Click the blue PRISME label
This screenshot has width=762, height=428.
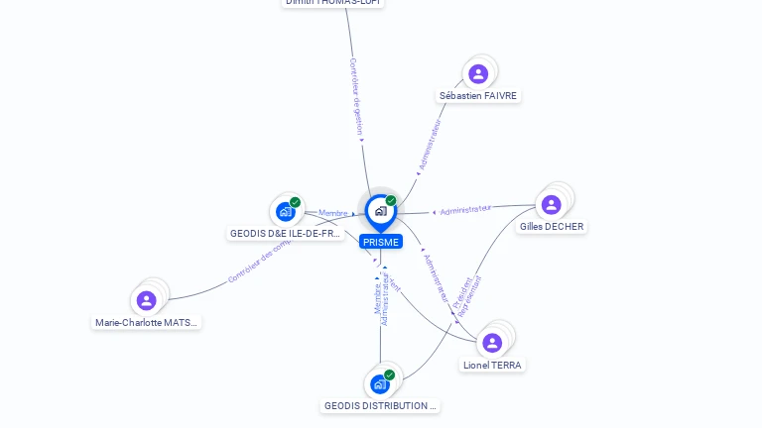(x=381, y=242)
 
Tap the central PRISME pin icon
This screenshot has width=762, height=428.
(x=380, y=211)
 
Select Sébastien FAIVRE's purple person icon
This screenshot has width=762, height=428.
(x=478, y=73)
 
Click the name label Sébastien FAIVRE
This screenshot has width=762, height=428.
(x=478, y=96)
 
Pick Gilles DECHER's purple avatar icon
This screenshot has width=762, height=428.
(x=552, y=204)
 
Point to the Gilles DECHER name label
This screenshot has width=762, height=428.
(x=552, y=227)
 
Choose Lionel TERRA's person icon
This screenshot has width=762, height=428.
(x=492, y=343)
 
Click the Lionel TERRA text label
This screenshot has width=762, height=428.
(x=493, y=366)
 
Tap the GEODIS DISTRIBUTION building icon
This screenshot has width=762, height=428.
(x=380, y=383)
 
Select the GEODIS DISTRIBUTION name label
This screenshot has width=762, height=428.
(x=381, y=406)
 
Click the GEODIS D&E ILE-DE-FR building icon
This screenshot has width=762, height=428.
(x=286, y=211)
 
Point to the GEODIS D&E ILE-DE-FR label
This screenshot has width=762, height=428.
(x=286, y=235)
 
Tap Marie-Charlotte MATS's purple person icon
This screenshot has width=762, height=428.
(x=147, y=300)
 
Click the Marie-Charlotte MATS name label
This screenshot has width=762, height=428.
(x=147, y=323)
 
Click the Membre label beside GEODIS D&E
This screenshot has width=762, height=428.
(x=333, y=213)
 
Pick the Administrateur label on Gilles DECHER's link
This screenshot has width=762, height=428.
(x=465, y=209)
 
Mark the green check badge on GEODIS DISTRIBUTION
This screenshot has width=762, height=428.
(x=389, y=374)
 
